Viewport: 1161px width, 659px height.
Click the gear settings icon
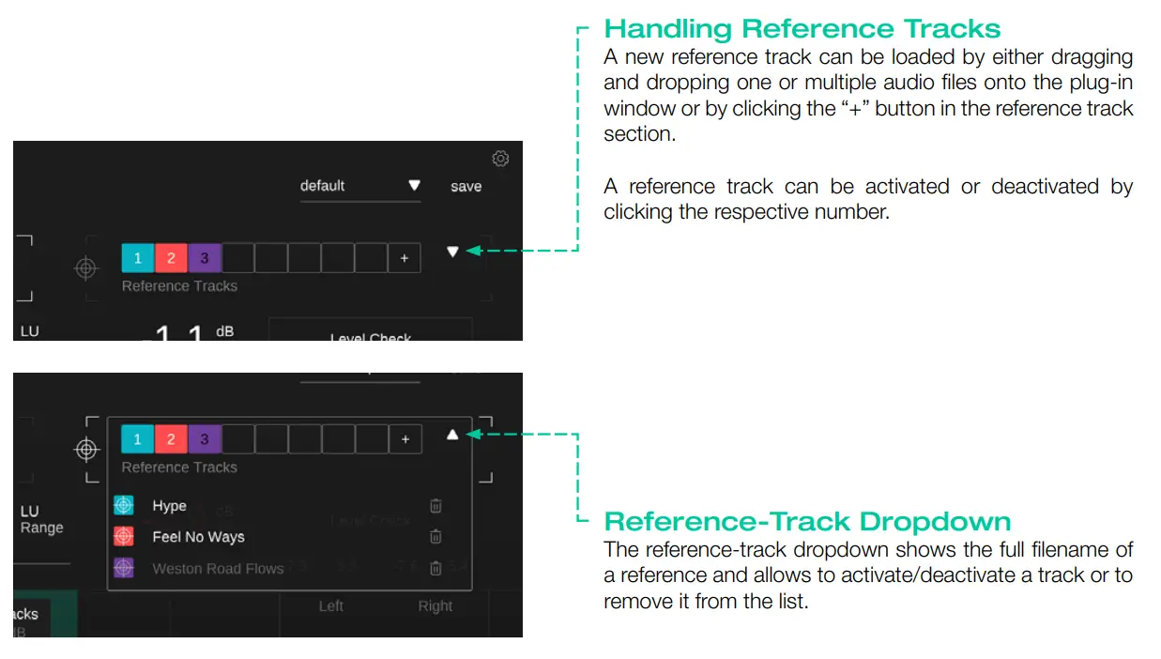coord(500,159)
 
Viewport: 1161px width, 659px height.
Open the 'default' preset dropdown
coord(360,186)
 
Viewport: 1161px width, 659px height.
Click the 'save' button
coord(466,187)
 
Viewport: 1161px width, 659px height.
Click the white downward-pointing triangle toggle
coord(452,252)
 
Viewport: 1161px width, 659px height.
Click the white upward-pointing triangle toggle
coord(452,435)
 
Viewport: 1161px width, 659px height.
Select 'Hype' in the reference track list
coord(170,506)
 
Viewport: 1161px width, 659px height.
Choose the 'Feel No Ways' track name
coord(198,537)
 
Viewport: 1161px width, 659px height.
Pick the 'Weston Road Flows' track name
coord(218,568)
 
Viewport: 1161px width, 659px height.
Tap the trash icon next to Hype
coord(435,506)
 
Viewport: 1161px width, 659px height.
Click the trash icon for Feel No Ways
coord(435,537)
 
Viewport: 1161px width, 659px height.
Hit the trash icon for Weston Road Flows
coord(435,568)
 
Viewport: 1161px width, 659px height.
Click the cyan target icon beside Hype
coord(123,506)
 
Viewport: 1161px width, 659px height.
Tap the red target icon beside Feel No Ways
coord(123,537)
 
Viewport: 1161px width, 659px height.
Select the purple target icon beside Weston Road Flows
coord(123,568)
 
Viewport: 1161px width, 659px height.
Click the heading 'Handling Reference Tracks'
coord(802,28)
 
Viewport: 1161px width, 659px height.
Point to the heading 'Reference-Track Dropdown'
coord(807,521)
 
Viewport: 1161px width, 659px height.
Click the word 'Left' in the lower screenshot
coord(330,606)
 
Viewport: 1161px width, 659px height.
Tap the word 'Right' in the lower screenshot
coord(435,606)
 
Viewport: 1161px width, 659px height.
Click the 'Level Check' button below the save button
coord(370,333)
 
